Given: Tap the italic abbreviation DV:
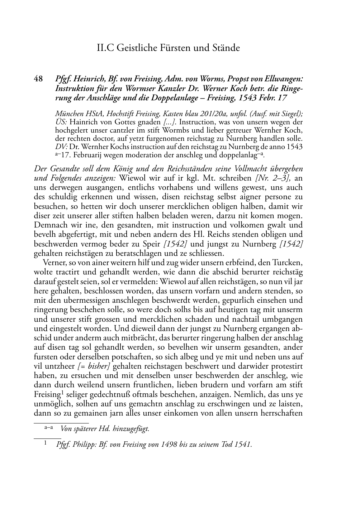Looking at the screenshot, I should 61,147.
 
